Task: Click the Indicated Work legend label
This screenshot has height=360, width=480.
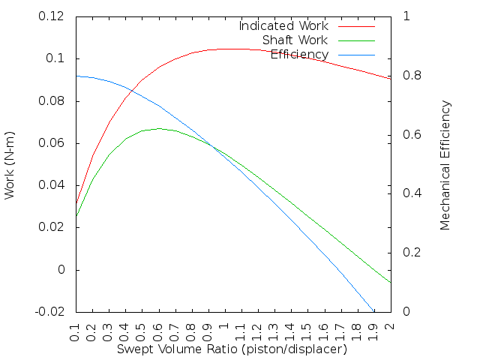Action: [283, 25]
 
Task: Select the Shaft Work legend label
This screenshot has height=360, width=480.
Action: [295, 40]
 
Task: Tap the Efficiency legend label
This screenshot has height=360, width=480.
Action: [299, 54]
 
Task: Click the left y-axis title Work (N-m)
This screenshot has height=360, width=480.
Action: [10, 163]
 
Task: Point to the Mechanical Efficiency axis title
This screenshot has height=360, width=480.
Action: [445, 164]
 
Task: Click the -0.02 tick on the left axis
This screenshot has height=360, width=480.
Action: [49, 311]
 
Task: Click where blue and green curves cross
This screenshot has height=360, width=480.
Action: [213, 146]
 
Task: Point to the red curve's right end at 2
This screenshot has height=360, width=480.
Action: [390, 78]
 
